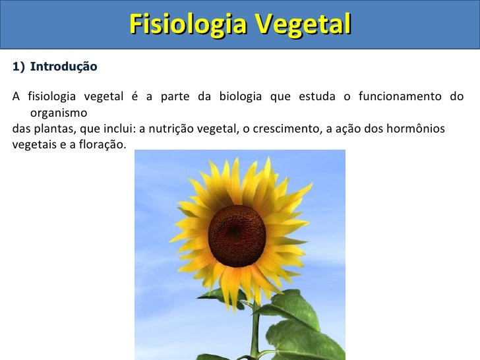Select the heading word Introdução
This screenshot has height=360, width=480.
(64, 67)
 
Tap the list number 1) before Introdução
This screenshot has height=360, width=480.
(18, 67)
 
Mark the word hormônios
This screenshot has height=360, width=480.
(415, 129)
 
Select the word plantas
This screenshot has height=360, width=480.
(54, 129)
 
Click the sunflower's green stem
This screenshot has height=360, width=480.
(255, 330)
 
